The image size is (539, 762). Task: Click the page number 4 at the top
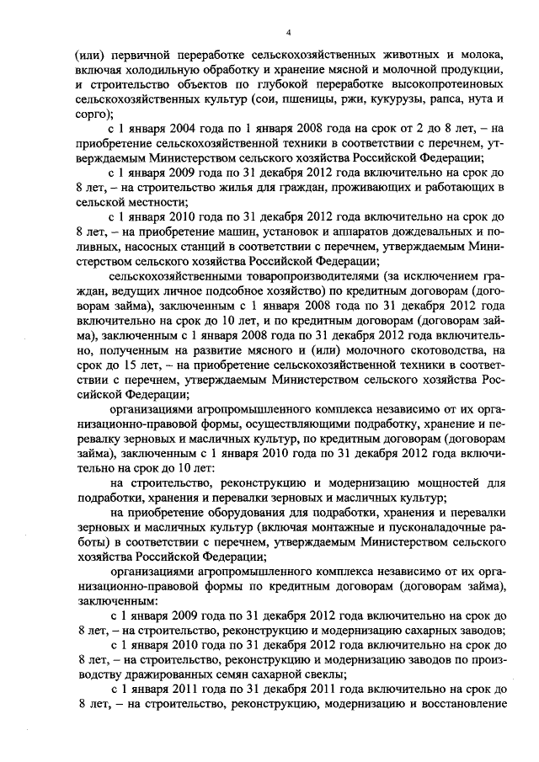(288, 32)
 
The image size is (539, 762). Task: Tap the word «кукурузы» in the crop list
(381, 99)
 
